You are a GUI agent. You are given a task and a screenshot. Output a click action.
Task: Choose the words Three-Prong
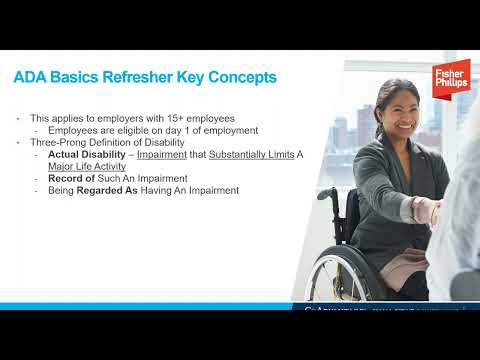[58, 143]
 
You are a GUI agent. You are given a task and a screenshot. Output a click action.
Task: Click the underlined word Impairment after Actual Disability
[164, 155]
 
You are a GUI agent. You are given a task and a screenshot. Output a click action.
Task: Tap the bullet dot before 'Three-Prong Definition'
[19, 143]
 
